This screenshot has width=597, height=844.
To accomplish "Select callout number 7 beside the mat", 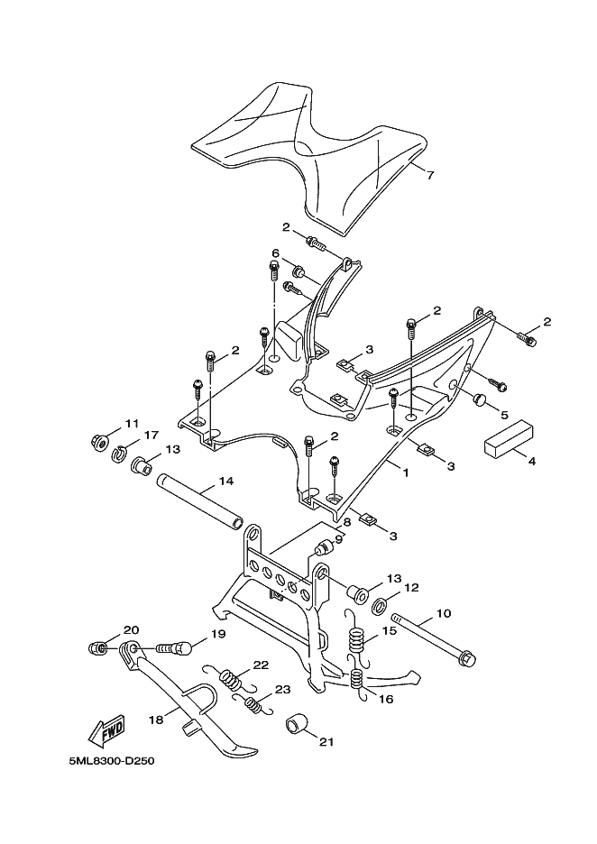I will pyautogui.click(x=430, y=175).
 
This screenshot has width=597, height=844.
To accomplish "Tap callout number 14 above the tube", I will pyautogui.click(x=225, y=482).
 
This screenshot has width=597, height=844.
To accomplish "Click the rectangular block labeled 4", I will pyautogui.click(x=507, y=443).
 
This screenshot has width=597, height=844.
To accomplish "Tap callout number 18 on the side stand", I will pyautogui.click(x=155, y=720).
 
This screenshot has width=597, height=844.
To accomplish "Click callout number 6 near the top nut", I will pyautogui.click(x=277, y=254).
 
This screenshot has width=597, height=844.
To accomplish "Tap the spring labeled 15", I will pyautogui.click(x=356, y=639).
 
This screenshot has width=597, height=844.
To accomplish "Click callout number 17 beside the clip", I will pyautogui.click(x=150, y=436).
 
